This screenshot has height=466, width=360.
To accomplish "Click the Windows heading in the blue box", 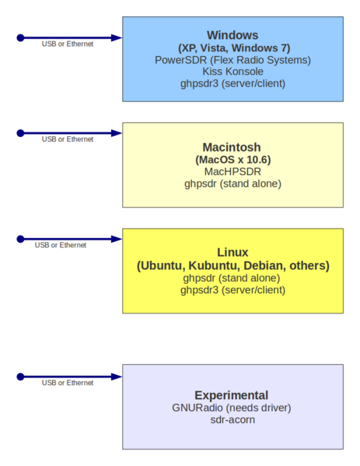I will (x=232, y=35).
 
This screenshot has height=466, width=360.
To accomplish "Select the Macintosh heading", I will (x=232, y=147).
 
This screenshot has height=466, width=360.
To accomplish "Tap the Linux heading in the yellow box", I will (x=232, y=252).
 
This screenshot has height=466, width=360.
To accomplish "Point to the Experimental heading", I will (x=232, y=394).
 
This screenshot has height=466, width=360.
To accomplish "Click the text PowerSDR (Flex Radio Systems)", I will (x=232, y=59).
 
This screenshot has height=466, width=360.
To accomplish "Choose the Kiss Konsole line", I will (x=232, y=71).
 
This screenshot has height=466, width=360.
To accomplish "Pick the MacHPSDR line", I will (x=232, y=171).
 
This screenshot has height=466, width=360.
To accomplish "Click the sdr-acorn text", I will (x=232, y=419).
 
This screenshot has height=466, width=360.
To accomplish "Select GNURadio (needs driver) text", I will (x=232, y=407).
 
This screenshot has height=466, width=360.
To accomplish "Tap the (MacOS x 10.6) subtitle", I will (x=232, y=159).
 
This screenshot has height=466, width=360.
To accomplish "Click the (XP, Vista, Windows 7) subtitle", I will (x=232, y=47).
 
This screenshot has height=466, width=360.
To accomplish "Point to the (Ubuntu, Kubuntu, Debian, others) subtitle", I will (x=232, y=265).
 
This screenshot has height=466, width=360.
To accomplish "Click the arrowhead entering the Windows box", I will (x=116, y=37).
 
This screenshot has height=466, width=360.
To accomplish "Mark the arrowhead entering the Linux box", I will (x=116, y=239).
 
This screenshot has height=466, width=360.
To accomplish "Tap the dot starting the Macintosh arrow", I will (x=21, y=133).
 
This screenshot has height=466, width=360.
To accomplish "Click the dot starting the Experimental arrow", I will (x=21, y=377).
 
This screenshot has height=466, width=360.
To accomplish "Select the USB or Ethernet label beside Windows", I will (x=68, y=44).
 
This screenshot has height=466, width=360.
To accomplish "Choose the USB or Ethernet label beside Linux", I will (x=61, y=245).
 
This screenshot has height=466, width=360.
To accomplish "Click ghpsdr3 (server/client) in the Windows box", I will (x=232, y=83).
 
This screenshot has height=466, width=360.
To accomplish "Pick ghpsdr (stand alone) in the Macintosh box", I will (x=232, y=184).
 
